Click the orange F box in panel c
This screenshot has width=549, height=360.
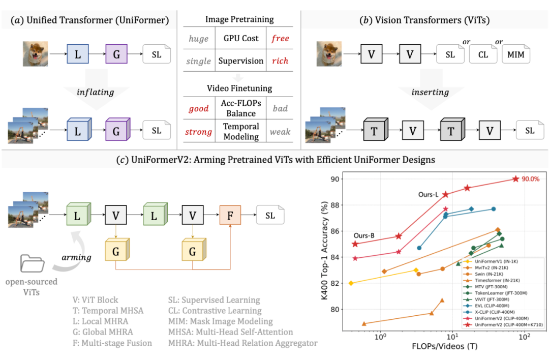click(x=230, y=216)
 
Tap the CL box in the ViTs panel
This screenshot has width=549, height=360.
click(x=482, y=54)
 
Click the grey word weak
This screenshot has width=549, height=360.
click(x=280, y=132)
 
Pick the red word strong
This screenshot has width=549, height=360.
click(x=198, y=132)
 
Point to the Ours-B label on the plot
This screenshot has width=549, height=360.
click(x=364, y=235)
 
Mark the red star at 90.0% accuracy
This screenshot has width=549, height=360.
click(x=516, y=179)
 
